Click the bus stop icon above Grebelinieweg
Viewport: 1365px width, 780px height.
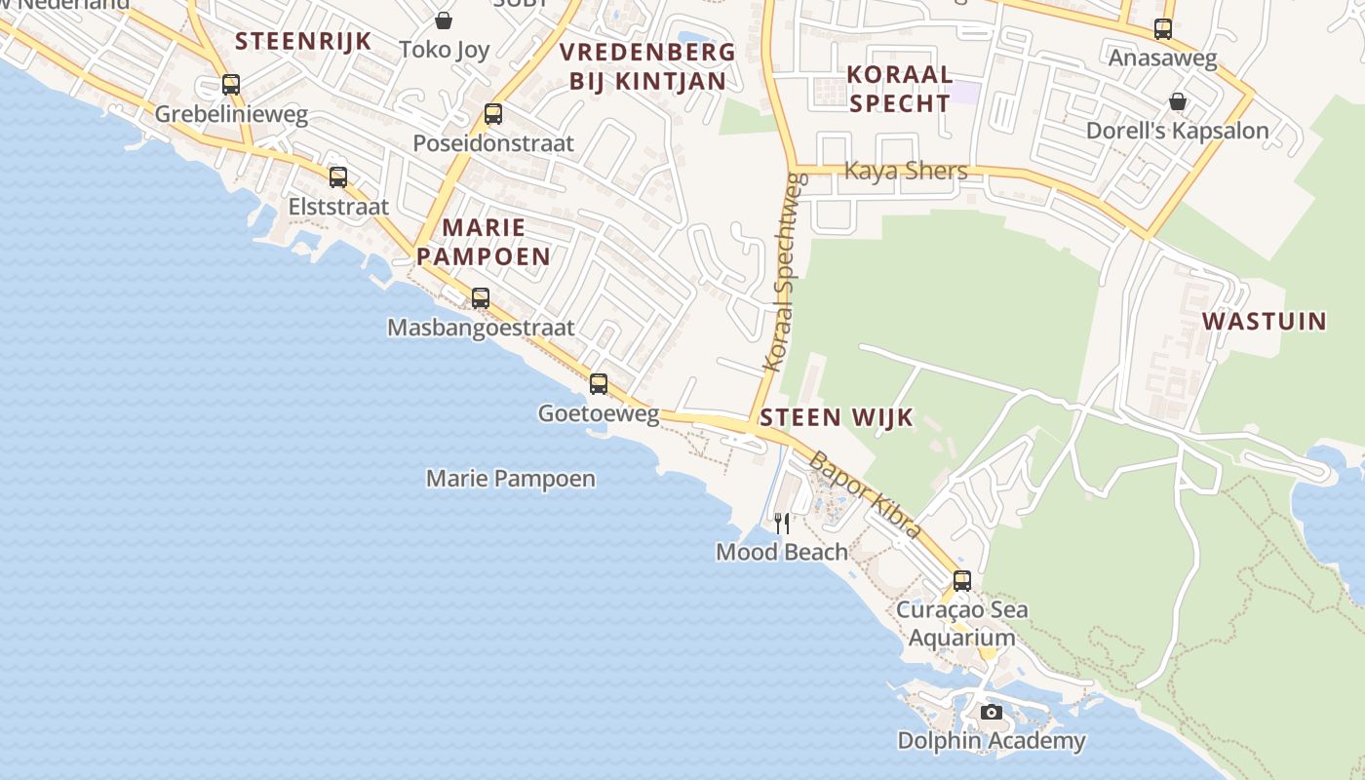231,85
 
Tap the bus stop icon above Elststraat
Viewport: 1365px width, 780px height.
338,177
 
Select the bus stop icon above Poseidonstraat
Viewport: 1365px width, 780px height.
493,114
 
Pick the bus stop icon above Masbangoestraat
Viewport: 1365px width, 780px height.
481,298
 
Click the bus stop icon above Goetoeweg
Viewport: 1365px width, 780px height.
599,384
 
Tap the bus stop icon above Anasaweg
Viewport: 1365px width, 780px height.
1162,29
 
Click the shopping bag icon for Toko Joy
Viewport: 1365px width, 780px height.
444,20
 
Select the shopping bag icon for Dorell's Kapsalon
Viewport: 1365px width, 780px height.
1178,101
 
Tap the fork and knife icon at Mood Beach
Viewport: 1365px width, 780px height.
782,524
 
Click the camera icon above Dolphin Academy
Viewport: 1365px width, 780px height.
992,713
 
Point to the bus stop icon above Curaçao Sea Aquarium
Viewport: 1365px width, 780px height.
962,581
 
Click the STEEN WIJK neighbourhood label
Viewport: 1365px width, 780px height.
837,418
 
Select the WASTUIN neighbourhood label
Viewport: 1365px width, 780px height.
1264,321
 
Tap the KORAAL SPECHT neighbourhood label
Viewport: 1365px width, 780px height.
899,88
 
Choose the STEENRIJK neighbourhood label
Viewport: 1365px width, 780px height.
303,41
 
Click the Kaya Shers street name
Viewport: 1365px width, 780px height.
906,171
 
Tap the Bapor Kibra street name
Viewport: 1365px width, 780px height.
866,494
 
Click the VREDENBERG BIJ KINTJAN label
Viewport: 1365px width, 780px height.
648,66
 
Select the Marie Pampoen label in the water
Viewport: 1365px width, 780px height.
511,479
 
